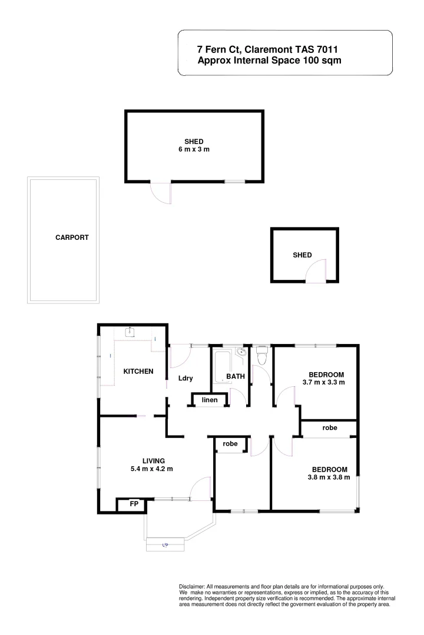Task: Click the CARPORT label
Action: point(72,238)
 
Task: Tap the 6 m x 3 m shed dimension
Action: point(194,150)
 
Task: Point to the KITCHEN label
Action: point(138,371)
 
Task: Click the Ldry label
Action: point(186,378)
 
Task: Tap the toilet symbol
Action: point(263,355)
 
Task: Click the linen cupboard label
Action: point(210,400)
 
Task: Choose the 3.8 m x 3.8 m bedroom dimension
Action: point(329,477)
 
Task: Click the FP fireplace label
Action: point(134,504)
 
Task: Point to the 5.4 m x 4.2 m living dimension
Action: point(153,469)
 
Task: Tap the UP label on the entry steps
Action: point(165,546)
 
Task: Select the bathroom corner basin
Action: point(241,353)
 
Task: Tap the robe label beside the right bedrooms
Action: point(330,429)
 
